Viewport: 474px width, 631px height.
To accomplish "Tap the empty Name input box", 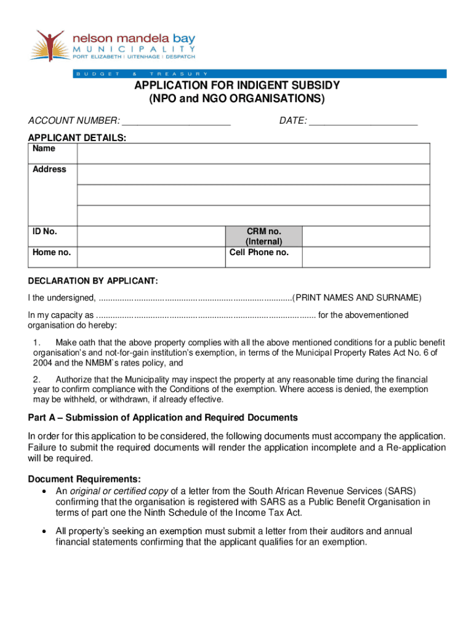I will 253,153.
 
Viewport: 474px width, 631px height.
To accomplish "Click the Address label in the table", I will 50,169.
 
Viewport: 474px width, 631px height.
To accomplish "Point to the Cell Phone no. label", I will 259,253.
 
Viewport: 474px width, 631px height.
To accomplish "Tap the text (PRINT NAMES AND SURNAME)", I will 357,298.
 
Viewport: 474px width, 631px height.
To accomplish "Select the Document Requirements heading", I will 84,479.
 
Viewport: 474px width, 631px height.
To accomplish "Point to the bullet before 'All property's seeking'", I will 43,531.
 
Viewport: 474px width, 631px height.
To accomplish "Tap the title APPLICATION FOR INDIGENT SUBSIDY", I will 237,86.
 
